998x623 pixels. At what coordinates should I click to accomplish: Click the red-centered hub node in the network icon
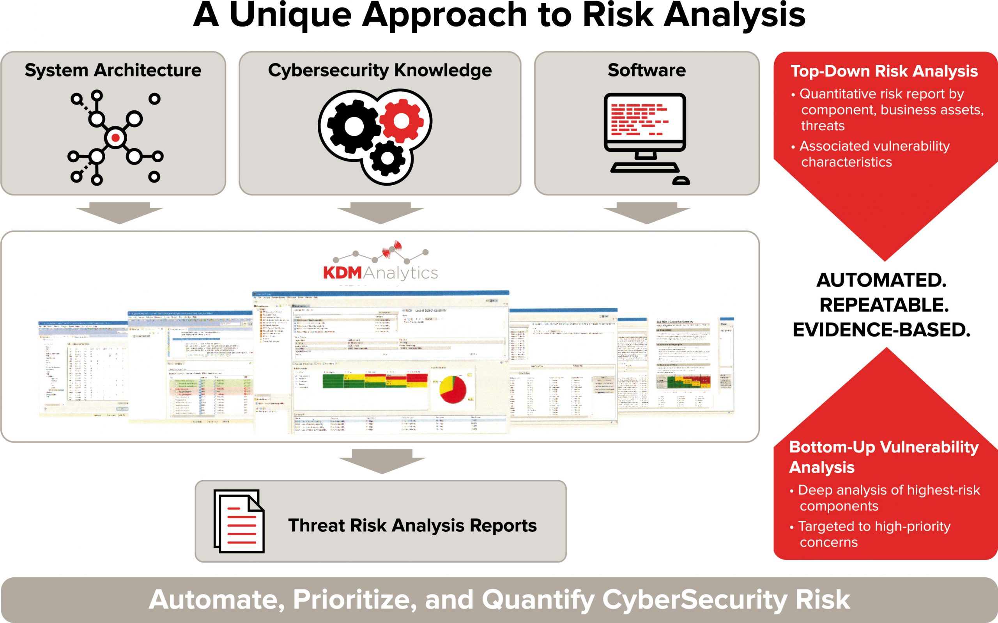coord(116,138)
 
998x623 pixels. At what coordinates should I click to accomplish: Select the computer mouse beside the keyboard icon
coord(681,181)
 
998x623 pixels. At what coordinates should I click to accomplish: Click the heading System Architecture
coord(113,71)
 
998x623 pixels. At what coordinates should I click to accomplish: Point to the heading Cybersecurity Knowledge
coord(380,71)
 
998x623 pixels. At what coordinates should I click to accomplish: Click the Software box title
coord(646,71)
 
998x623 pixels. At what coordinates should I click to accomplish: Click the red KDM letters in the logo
coord(342,273)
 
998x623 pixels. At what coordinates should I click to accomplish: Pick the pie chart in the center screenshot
coord(453,389)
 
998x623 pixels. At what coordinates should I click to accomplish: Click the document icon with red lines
coord(239,521)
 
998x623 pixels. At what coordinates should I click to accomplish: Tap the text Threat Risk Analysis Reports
coord(412,526)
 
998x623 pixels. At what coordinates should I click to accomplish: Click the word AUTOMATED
coord(881,280)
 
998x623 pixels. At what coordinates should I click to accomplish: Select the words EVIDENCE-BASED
coord(881,330)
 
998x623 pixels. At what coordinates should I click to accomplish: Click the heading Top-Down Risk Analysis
coord(884,71)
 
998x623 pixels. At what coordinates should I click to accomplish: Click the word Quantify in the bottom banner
coord(538,600)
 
